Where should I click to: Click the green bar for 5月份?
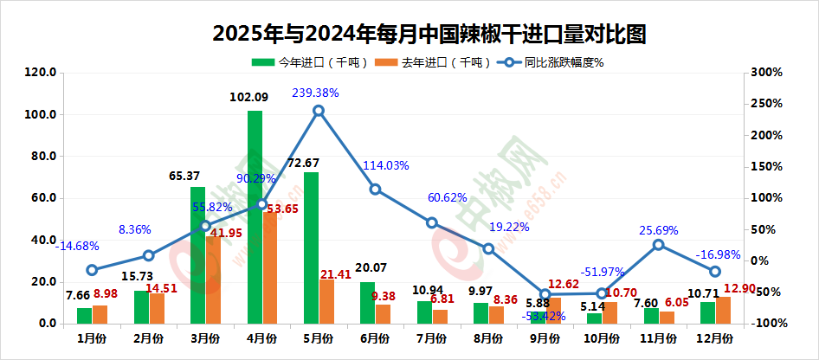pos(311,247)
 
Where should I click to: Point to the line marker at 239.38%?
pos(319,111)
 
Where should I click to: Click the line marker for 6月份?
pos(375,190)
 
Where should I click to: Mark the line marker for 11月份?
pos(659,245)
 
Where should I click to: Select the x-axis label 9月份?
pos(545,337)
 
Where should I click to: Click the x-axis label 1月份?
pos(93,337)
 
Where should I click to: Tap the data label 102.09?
pos(249,98)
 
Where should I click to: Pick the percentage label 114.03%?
pos(386,165)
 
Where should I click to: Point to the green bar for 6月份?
pos(368,303)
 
